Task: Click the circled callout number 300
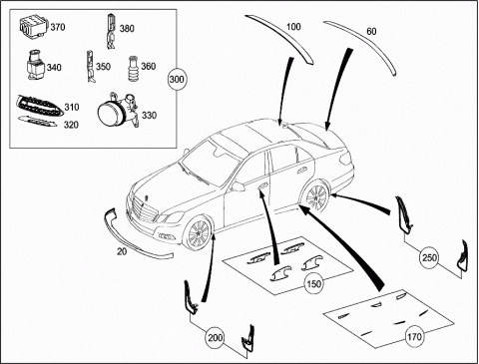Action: point(177,79)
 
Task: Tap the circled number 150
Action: point(314,283)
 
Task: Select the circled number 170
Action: point(414,337)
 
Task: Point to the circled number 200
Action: point(216,338)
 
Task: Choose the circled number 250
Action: point(429,257)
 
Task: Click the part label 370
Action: point(58,27)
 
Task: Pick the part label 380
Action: point(127,29)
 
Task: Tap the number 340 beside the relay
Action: point(54,68)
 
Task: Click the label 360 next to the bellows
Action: point(149,66)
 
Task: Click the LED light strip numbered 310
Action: point(39,106)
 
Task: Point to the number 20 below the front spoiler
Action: point(122,251)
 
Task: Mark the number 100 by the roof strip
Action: point(293,27)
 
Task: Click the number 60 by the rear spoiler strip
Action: point(371,31)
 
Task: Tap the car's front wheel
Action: point(198,233)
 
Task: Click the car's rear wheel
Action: point(316,196)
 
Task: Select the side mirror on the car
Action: point(238,186)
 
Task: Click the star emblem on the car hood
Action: point(146,197)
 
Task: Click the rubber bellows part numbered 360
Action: point(133,69)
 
